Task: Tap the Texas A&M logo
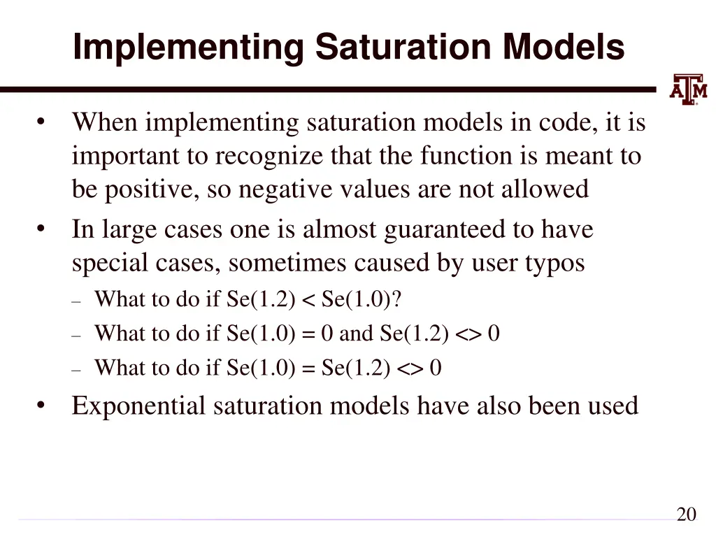tap(688, 89)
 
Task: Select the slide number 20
tap(686, 515)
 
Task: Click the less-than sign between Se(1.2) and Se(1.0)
tap(309, 300)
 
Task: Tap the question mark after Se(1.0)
tap(397, 299)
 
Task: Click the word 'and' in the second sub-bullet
tap(356, 334)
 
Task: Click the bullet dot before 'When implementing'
tap(42, 123)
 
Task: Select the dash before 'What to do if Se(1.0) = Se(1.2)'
tap(77, 368)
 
